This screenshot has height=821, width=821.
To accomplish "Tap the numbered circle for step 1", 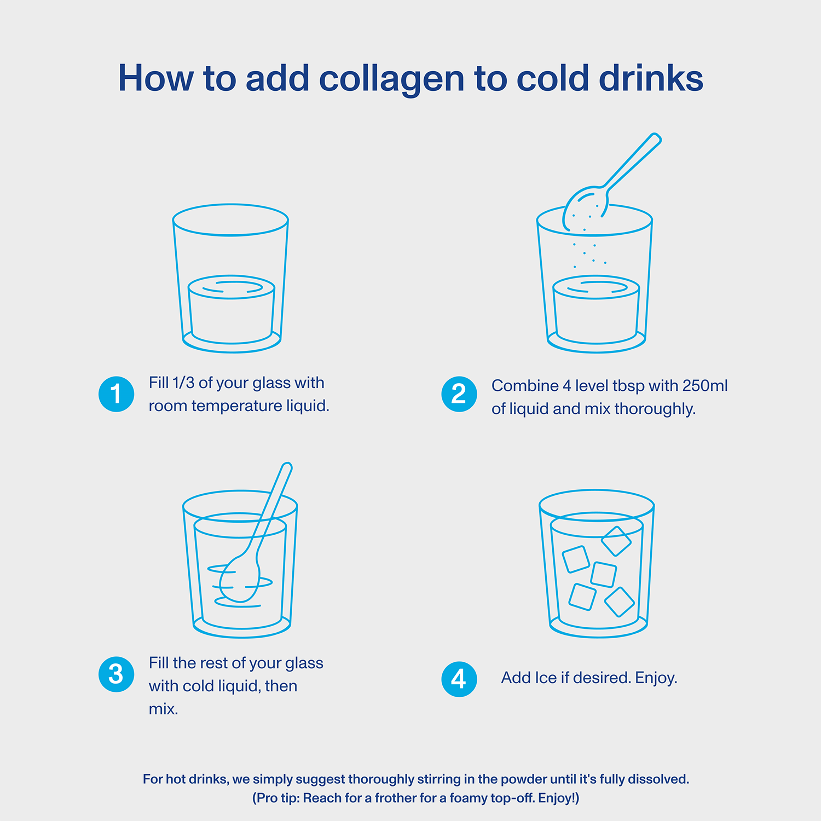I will coord(116,394).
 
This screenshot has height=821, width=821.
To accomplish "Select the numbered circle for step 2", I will coord(459,394).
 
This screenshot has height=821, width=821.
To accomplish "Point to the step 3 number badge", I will coord(116,674).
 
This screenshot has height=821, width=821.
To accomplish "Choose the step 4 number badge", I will coord(459,679).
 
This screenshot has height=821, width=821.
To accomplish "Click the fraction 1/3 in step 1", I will coord(183,383).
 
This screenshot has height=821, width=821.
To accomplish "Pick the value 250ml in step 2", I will coord(705,386).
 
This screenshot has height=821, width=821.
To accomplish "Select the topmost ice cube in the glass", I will coord(616,541).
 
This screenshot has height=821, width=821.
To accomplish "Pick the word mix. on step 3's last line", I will coord(163,709).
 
